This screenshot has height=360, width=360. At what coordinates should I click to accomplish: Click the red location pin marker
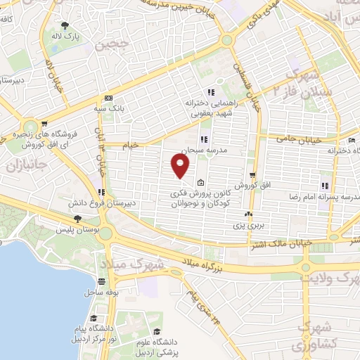(x=181, y=166)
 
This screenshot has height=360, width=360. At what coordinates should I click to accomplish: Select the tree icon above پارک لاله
(x=66, y=25)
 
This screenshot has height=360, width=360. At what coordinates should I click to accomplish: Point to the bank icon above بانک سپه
(x=108, y=98)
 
